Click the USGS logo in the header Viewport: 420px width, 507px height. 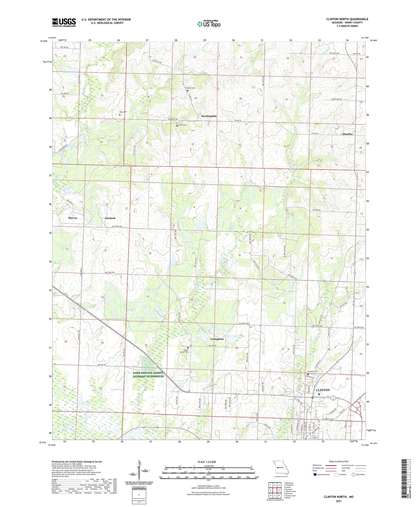64,22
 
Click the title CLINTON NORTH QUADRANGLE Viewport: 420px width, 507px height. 347,19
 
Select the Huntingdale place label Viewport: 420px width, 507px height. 209,116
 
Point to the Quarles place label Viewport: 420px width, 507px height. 347,134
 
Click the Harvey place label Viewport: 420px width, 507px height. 73,218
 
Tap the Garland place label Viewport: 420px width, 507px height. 110,218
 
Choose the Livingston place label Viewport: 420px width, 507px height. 217,339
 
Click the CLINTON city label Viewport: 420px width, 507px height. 323,390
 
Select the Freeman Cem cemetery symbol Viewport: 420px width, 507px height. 188,91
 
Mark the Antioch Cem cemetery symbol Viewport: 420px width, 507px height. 308,374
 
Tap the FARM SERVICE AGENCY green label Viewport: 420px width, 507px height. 148,374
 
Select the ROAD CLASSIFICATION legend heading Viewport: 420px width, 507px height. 339,461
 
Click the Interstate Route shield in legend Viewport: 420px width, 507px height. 315,475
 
